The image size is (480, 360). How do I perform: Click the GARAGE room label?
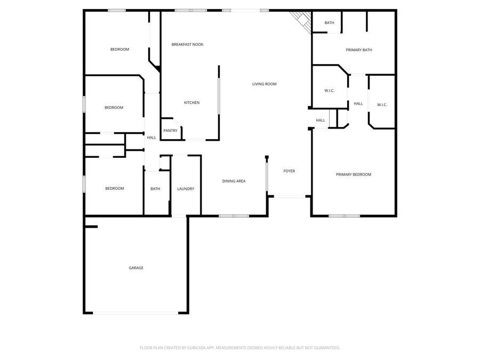click(135, 268)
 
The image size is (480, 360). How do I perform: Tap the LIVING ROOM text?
click(264, 84)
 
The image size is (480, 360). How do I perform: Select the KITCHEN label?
click(191, 102)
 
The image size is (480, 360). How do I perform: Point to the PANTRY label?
click(170, 131)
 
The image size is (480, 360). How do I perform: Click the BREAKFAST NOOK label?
click(187, 44)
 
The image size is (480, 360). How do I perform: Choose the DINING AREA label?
click(234, 181)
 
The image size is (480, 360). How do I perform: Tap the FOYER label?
click(289, 171)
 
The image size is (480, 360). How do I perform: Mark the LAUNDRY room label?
click(186, 189)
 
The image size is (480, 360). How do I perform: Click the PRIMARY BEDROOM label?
click(353, 174)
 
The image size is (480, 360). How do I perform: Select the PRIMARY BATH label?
click(359, 50)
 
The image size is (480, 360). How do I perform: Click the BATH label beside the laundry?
click(155, 189)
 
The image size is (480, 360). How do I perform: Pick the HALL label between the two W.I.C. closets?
click(358, 103)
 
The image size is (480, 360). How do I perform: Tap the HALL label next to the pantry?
click(151, 138)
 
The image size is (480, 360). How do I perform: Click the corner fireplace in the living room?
click(302, 21)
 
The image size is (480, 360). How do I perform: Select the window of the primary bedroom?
click(344, 215)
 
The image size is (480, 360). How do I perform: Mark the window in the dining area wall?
click(234, 215)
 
